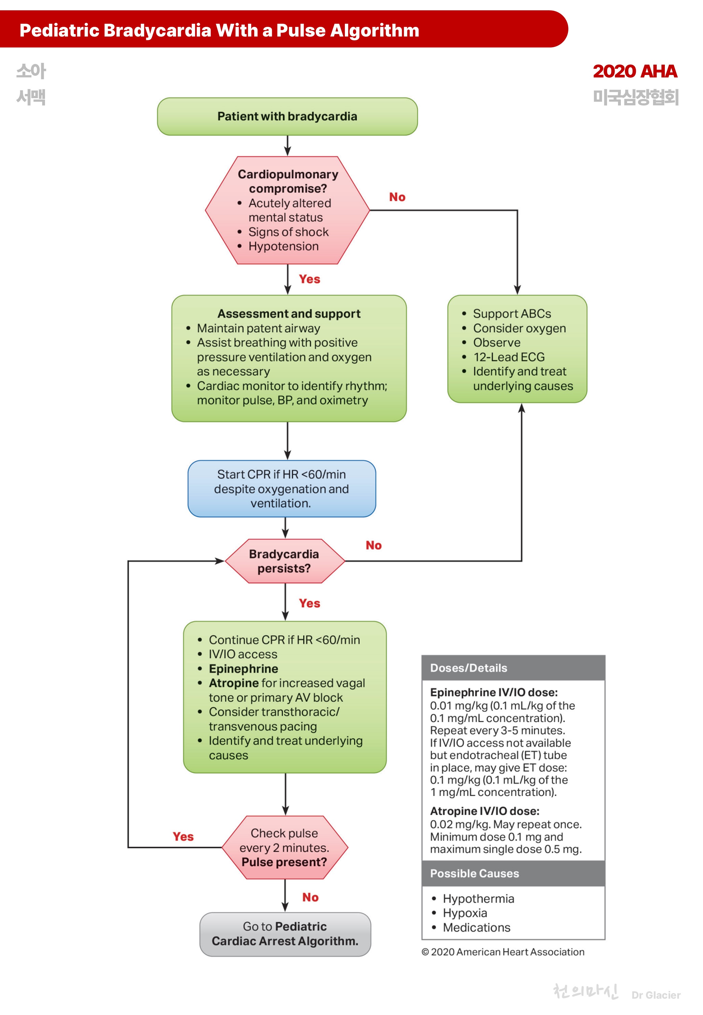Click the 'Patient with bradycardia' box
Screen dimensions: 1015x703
[287, 116]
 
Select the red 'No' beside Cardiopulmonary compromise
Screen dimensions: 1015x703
[397, 197]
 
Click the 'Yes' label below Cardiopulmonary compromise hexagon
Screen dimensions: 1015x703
[309, 279]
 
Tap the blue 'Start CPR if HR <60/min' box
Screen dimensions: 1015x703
[282, 488]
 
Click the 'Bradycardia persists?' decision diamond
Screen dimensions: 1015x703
[284, 561]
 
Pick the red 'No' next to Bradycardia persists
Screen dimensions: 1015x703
[373, 545]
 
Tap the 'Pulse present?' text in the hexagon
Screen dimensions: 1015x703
[284, 862]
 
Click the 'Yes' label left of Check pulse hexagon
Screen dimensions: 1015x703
[183, 836]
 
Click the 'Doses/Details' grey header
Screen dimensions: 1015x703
[468, 668]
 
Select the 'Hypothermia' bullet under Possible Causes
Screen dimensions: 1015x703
[478, 899]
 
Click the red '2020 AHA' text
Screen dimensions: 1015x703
[634, 71]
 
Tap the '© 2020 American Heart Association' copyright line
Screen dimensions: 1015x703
[503, 952]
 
